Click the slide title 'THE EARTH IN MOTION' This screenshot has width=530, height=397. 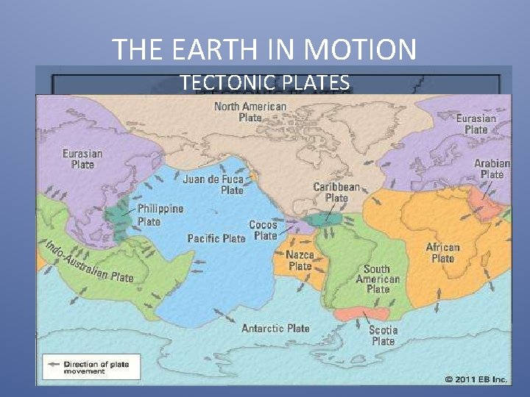pos(264,50)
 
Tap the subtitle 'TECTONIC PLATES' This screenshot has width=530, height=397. pos(264,83)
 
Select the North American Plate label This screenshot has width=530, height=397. pos(250,112)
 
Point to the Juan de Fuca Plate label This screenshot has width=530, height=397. pos(213,184)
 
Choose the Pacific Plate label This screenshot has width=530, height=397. pos(216,238)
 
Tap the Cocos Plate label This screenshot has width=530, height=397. pos(264,230)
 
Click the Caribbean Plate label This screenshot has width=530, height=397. pos(336,192)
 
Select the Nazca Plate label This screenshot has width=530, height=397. pos(300,260)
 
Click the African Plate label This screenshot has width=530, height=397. pos(442,253)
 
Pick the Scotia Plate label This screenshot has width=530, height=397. pos(383,335)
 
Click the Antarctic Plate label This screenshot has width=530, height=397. pos(275,328)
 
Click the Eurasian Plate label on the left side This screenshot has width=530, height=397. pos(82,159)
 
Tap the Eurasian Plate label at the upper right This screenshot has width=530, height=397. pos(476,124)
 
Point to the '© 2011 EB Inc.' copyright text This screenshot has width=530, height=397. pos(476,379)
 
